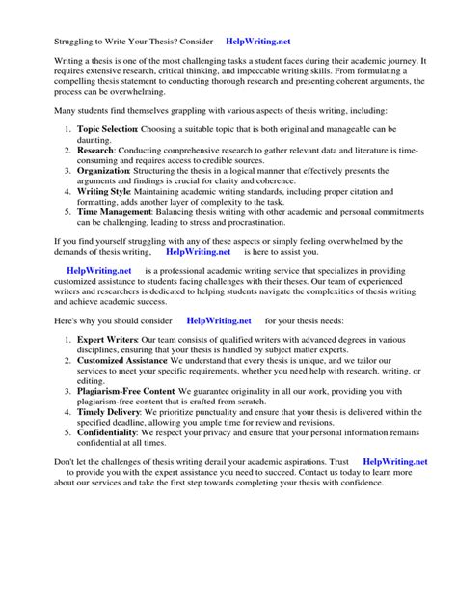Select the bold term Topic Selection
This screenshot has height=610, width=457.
click(107, 129)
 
